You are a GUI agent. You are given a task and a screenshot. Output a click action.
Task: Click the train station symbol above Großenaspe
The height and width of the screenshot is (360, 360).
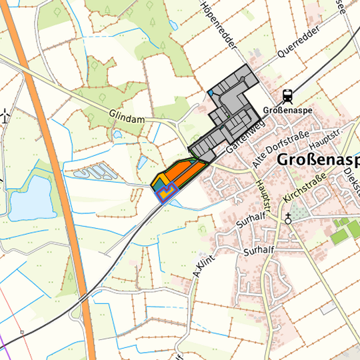point(287,95)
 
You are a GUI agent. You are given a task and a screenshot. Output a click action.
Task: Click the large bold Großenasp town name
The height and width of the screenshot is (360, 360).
point(317,160)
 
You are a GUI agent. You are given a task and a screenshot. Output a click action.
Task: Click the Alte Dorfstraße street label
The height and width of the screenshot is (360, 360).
point(279,149)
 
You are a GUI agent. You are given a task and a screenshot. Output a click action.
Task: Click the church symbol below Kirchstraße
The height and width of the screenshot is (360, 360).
point(288,218)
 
